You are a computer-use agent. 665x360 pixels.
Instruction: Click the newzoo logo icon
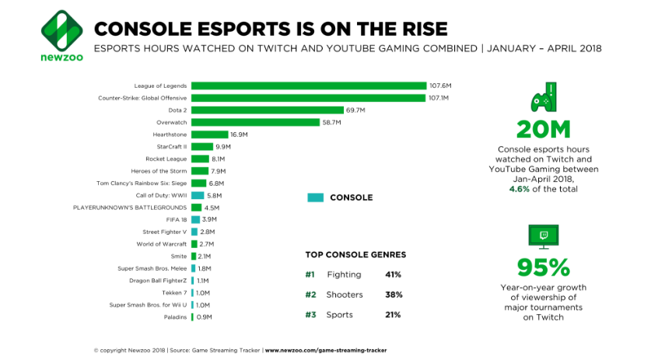point(61,29)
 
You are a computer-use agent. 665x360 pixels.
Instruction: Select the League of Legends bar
point(309,86)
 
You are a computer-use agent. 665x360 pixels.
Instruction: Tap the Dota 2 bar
point(268,110)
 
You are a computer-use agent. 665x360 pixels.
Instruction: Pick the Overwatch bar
point(255,122)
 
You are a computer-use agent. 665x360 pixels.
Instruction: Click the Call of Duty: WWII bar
point(198,195)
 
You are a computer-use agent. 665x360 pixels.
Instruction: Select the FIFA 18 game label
point(177,220)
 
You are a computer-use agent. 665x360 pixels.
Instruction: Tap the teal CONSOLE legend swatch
point(315,197)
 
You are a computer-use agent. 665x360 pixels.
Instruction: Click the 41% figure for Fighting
point(393,274)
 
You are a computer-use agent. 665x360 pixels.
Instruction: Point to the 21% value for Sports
point(393,315)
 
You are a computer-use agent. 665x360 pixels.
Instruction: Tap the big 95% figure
point(544,267)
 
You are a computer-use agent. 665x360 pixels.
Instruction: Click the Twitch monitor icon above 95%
point(544,236)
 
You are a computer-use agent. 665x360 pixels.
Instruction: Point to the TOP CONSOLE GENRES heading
point(355,255)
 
